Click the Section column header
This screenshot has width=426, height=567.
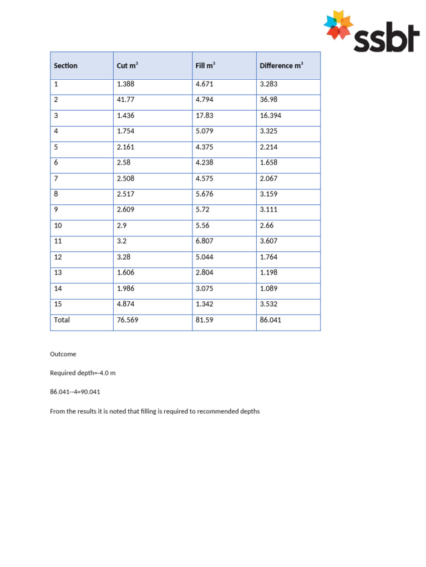click(x=65, y=66)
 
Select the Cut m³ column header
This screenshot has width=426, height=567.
click(x=127, y=66)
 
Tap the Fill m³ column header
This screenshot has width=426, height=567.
click(x=205, y=66)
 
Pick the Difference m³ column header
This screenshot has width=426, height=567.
click(x=281, y=66)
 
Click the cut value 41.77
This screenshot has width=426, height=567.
click(x=125, y=100)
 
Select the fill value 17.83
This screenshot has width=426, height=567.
click(x=204, y=116)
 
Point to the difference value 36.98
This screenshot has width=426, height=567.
click(x=268, y=100)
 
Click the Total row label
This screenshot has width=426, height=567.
click(x=62, y=320)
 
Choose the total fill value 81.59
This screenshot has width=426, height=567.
click(x=204, y=320)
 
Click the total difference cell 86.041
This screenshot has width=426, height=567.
click(x=271, y=320)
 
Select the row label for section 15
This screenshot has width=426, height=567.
click(x=58, y=304)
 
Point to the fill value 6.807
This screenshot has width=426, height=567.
click(x=204, y=241)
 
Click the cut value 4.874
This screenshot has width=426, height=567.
click(x=125, y=304)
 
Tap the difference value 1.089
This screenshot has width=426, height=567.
click(x=268, y=288)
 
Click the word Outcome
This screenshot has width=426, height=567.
click(x=63, y=354)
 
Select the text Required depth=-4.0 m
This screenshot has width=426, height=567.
click(x=83, y=373)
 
